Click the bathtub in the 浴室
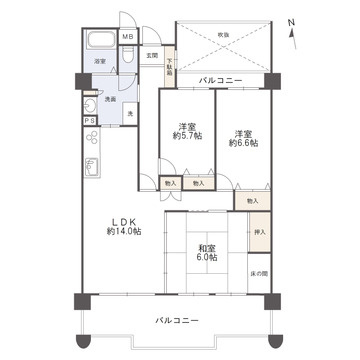click(x=99, y=43)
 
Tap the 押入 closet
click(x=259, y=232)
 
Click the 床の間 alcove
click(x=259, y=273)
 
